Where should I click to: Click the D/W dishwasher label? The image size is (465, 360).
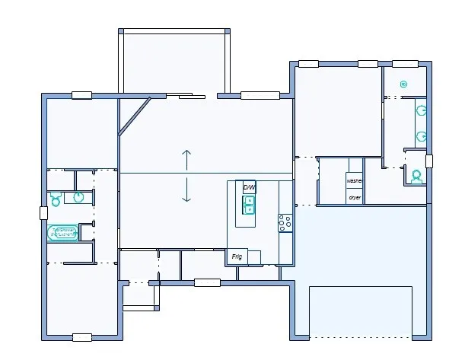click(249, 186)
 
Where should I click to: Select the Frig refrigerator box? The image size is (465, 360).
click(237, 257)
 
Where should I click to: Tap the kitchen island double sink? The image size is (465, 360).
click(249, 205)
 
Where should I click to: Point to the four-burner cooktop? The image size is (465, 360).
click(285, 222)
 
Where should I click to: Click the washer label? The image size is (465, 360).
click(354, 181)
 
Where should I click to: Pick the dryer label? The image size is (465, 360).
click(354, 197)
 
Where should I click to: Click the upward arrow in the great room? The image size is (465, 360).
click(186, 160)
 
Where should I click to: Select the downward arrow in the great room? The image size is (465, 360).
click(186, 191)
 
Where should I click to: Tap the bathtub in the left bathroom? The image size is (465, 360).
click(63, 233)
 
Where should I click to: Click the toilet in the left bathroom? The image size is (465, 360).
click(55, 199)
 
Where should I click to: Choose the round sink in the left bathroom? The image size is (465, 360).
click(78, 197)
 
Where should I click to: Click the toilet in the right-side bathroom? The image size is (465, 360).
click(416, 176)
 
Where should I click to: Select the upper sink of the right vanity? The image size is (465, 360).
click(420, 110)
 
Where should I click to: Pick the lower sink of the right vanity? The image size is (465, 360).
click(420, 137)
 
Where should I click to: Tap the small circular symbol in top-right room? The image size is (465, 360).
click(403, 84)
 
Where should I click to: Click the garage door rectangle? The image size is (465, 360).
click(360, 311)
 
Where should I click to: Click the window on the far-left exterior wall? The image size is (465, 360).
click(43, 213)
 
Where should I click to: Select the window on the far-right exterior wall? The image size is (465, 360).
click(428, 161)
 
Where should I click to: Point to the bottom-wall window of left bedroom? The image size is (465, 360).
click(81, 336)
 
